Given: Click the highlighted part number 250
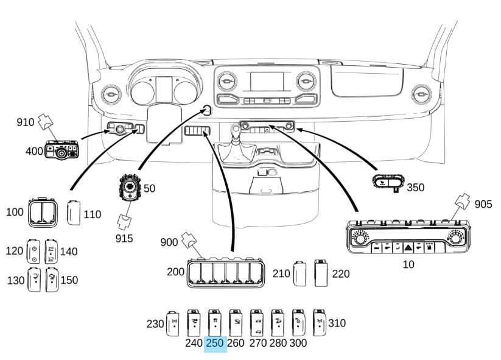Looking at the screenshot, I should tap(215, 344).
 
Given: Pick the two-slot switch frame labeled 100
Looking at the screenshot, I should tap(43, 213).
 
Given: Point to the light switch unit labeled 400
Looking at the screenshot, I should tap(61, 150).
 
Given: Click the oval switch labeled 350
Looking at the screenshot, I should tap(388, 181).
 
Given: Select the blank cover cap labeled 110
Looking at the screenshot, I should tap(74, 213).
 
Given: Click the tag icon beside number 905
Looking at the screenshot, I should tap(463, 202).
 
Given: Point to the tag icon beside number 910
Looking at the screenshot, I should tap(46, 122).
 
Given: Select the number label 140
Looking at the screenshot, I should tap(69, 252).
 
